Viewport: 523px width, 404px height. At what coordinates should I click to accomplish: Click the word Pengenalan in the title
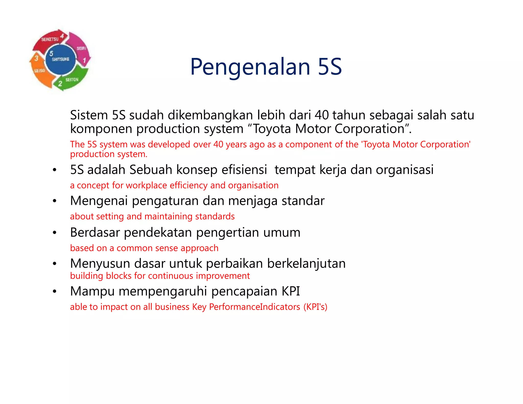click(250, 67)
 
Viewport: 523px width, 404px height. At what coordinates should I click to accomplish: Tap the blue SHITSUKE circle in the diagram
click(61, 59)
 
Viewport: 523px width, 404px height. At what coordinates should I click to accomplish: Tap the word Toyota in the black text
click(272, 129)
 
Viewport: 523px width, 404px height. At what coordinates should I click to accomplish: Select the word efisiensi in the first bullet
click(244, 170)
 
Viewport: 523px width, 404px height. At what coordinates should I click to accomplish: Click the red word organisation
click(253, 185)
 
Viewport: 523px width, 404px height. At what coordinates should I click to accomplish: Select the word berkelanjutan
click(306, 263)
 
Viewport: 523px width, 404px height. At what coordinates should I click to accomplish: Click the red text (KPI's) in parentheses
click(315, 307)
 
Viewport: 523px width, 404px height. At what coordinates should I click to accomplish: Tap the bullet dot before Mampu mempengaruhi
click(54, 291)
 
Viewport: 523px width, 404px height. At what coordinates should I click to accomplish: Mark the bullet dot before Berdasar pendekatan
click(54, 233)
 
